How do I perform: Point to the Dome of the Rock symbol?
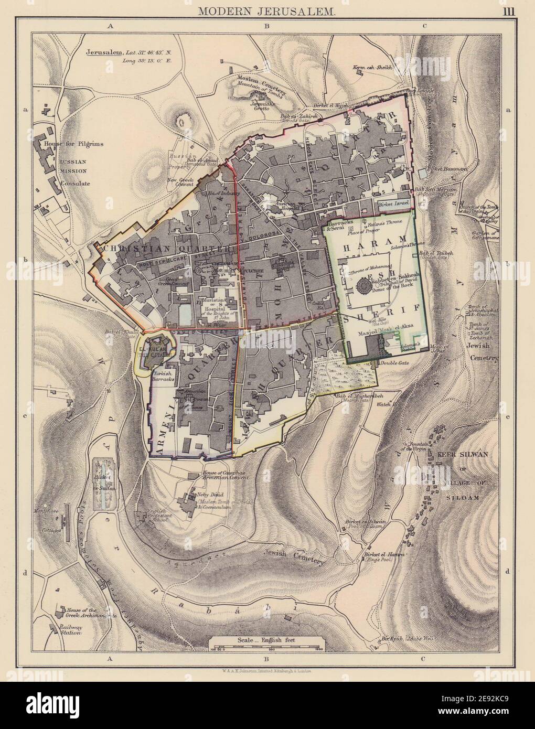click(362, 287)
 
